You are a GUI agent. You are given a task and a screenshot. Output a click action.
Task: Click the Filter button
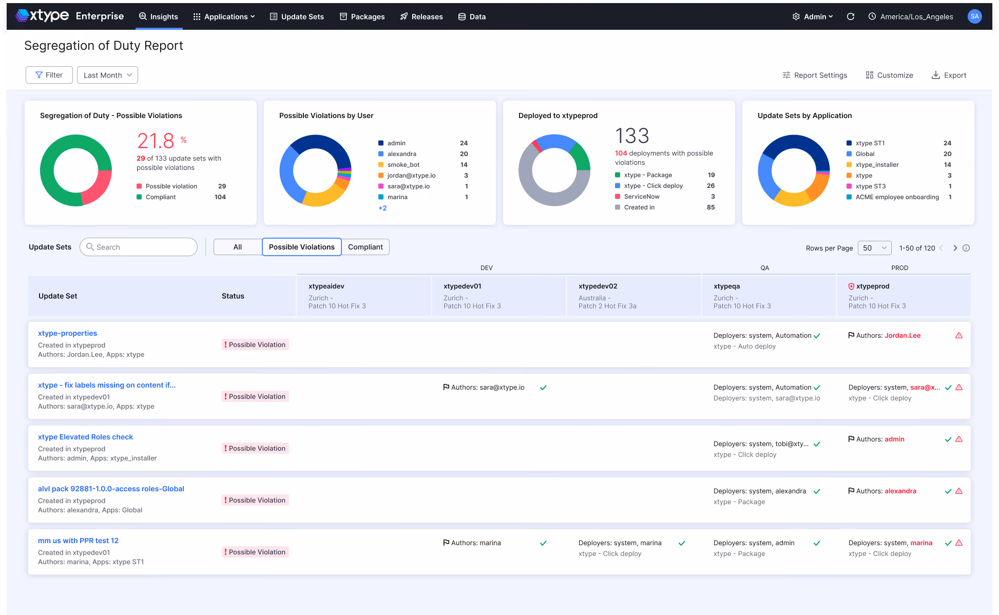click(49, 75)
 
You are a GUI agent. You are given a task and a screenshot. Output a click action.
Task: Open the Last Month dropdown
click(107, 75)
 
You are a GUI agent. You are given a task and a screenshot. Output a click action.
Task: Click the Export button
click(949, 75)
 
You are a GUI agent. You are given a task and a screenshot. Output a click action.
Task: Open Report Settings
click(815, 75)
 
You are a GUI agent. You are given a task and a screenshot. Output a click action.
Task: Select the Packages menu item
click(362, 16)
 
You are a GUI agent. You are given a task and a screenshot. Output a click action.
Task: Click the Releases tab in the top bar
click(421, 16)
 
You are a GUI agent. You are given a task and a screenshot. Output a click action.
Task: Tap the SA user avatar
click(974, 16)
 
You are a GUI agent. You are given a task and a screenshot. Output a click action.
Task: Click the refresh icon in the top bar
click(851, 16)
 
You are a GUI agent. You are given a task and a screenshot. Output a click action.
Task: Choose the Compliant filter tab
click(366, 247)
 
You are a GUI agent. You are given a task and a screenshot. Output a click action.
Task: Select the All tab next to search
click(238, 247)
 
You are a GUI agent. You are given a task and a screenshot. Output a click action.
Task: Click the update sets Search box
click(139, 247)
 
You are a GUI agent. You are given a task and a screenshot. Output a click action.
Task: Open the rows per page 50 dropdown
click(874, 248)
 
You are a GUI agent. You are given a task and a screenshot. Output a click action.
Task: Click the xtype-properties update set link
click(67, 333)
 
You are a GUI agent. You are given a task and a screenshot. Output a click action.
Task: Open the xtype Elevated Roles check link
click(85, 437)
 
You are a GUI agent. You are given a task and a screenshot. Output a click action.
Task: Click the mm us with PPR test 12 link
click(78, 541)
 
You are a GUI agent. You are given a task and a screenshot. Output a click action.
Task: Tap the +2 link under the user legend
click(382, 208)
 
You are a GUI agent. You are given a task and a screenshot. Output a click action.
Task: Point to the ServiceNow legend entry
click(642, 197)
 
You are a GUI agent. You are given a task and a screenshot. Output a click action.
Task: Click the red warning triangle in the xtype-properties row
click(959, 335)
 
